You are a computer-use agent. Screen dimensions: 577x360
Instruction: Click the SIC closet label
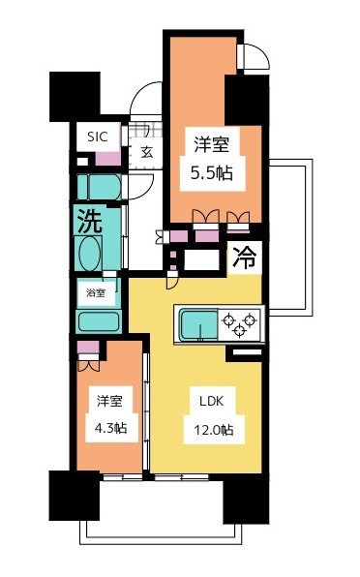tap(98, 137)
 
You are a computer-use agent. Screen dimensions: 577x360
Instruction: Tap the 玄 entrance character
tap(147, 152)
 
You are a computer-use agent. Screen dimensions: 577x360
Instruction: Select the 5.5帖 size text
tap(210, 175)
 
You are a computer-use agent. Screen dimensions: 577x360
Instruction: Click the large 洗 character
tap(90, 221)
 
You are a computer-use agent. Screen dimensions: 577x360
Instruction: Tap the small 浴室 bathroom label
tap(96, 290)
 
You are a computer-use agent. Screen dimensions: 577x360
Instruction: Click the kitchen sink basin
tap(197, 322)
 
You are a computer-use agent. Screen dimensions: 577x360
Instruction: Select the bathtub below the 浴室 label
tap(97, 320)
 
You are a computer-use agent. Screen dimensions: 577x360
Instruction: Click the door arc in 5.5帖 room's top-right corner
tap(249, 55)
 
